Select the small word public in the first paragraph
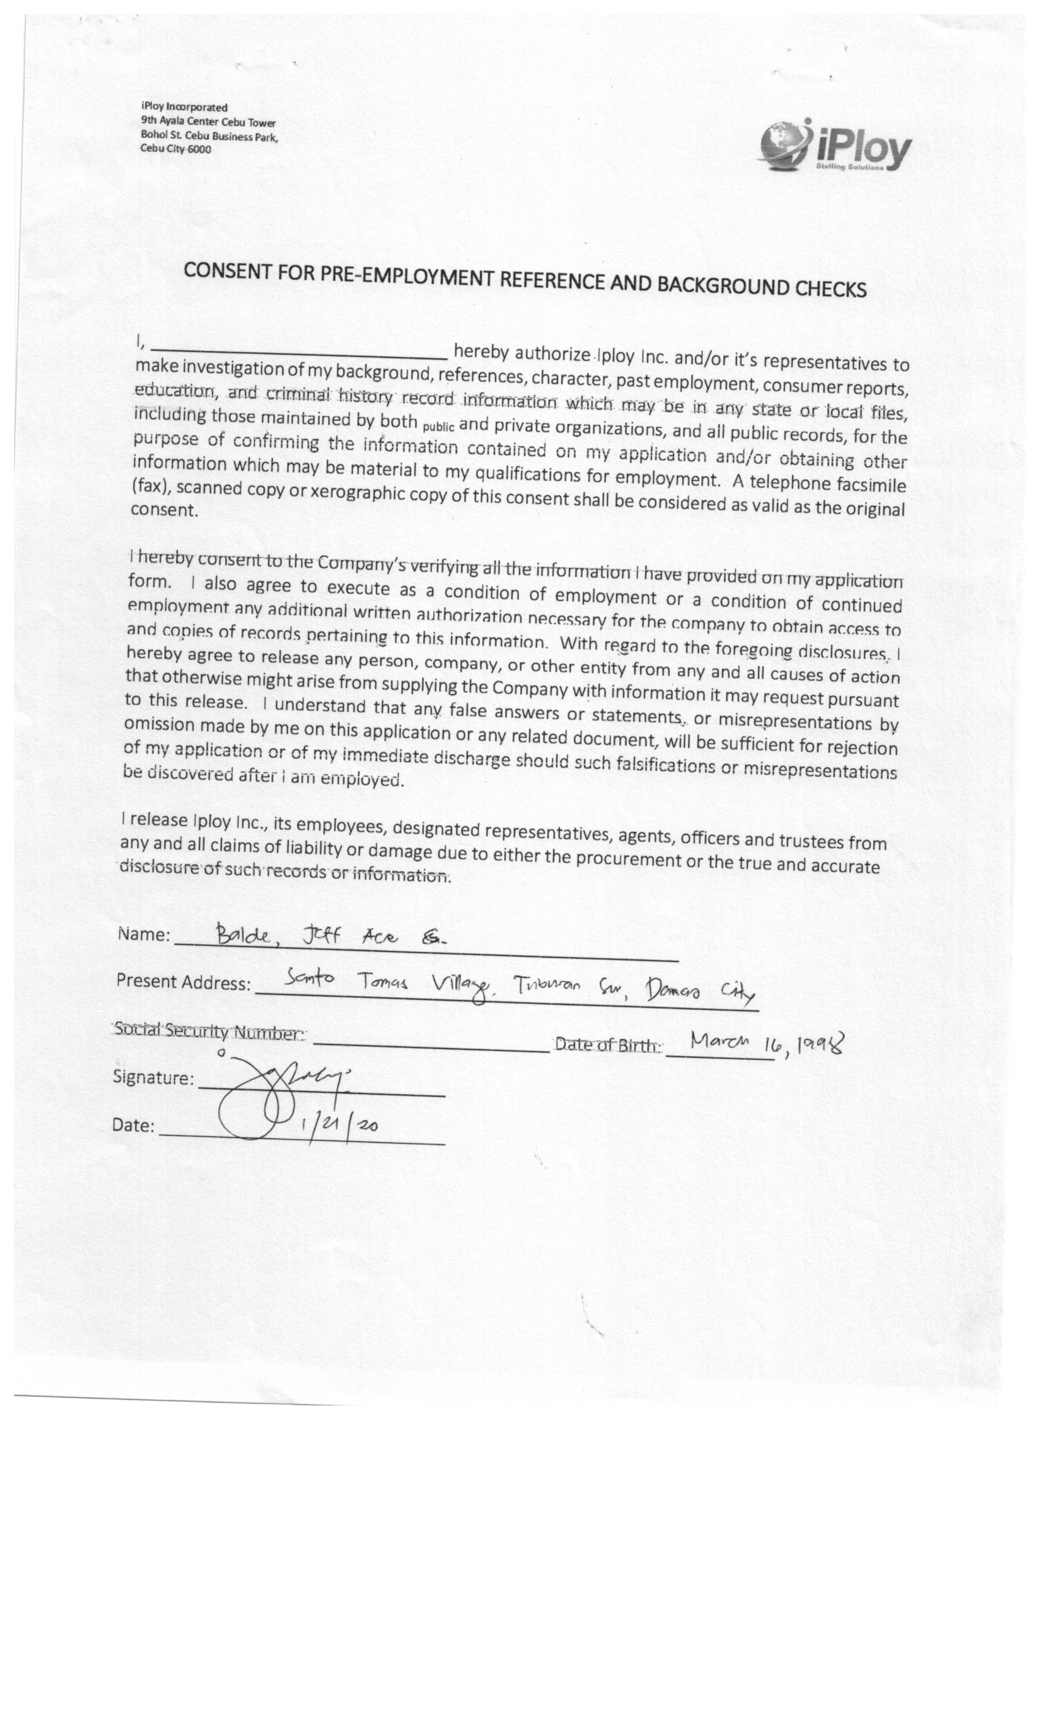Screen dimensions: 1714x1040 [x=438, y=425]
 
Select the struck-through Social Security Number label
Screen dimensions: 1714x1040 [x=208, y=1031]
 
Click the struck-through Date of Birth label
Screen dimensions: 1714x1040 [x=607, y=1044]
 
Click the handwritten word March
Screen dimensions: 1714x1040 [x=719, y=1041]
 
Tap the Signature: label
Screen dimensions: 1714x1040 [x=154, y=1077]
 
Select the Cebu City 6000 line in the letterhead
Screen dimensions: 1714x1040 [x=175, y=149]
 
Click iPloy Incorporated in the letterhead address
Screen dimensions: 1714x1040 [x=184, y=107]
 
